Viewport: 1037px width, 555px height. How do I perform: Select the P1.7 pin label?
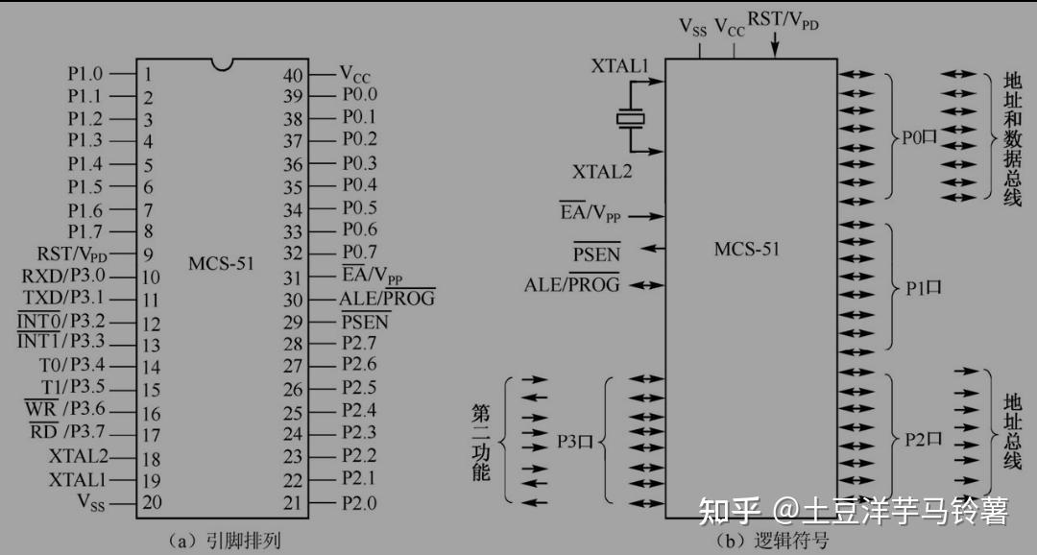[x=84, y=230]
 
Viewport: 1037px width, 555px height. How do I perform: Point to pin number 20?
[x=151, y=502]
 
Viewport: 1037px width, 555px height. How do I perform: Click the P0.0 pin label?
[x=359, y=95]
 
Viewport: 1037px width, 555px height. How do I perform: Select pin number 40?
[x=293, y=75]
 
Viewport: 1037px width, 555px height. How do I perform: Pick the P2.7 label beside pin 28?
[x=359, y=343]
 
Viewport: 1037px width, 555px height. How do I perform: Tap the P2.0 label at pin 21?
[x=359, y=502]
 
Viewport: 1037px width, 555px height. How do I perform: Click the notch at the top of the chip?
[x=223, y=64]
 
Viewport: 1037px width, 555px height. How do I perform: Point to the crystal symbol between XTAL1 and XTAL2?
[x=631, y=118]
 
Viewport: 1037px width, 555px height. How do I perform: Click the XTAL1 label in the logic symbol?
[x=619, y=67]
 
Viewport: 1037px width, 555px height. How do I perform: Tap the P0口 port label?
[x=919, y=137]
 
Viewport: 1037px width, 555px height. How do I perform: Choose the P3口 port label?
[x=576, y=441]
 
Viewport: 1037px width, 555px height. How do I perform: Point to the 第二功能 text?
[x=481, y=442]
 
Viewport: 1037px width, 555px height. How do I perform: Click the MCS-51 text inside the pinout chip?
[x=222, y=262]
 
